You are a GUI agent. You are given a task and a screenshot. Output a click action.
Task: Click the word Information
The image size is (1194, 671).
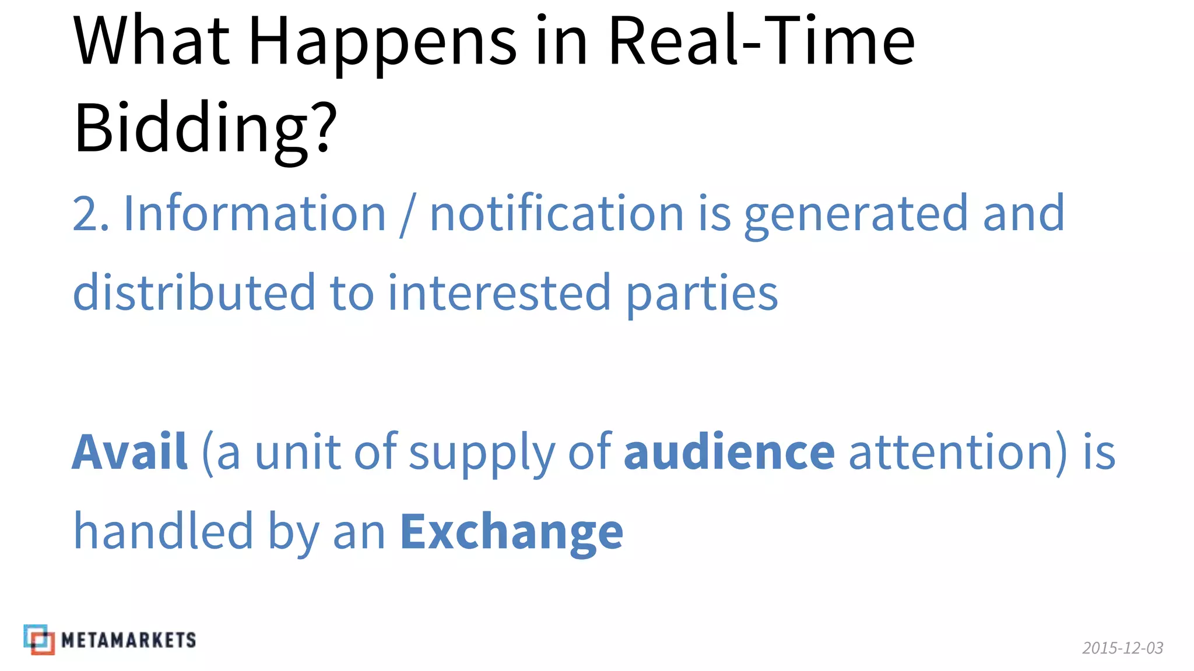point(255,213)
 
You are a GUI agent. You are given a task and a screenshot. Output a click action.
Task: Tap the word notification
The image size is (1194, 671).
point(556,213)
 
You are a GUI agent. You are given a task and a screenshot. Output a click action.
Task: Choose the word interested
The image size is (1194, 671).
point(499,292)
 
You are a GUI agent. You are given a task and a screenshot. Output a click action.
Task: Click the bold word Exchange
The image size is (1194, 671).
point(511,532)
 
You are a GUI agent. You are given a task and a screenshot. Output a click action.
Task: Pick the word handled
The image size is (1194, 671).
point(163,531)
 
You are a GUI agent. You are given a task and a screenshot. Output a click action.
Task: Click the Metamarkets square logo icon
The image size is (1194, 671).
point(39,640)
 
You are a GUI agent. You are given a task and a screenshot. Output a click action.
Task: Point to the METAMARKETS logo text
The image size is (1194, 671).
point(128,640)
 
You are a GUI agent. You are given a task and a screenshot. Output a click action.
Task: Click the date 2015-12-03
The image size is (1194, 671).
point(1122,648)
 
